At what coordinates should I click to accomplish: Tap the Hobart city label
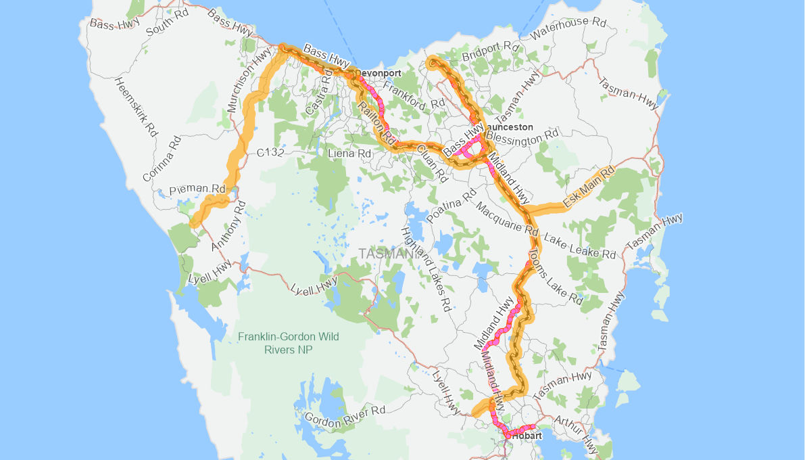(x=527, y=436)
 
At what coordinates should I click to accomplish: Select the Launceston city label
(x=509, y=127)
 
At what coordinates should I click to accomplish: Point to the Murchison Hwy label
(x=249, y=82)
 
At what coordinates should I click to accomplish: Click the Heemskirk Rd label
(x=136, y=108)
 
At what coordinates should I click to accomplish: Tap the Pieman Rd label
(x=197, y=189)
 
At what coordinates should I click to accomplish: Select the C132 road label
(x=270, y=154)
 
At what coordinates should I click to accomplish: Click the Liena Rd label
(x=349, y=154)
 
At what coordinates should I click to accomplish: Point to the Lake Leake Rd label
(x=580, y=247)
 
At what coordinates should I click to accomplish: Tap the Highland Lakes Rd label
(x=426, y=269)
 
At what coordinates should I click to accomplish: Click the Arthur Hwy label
(x=575, y=434)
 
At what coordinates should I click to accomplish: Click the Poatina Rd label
(x=452, y=209)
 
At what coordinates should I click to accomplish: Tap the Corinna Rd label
(x=162, y=159)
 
